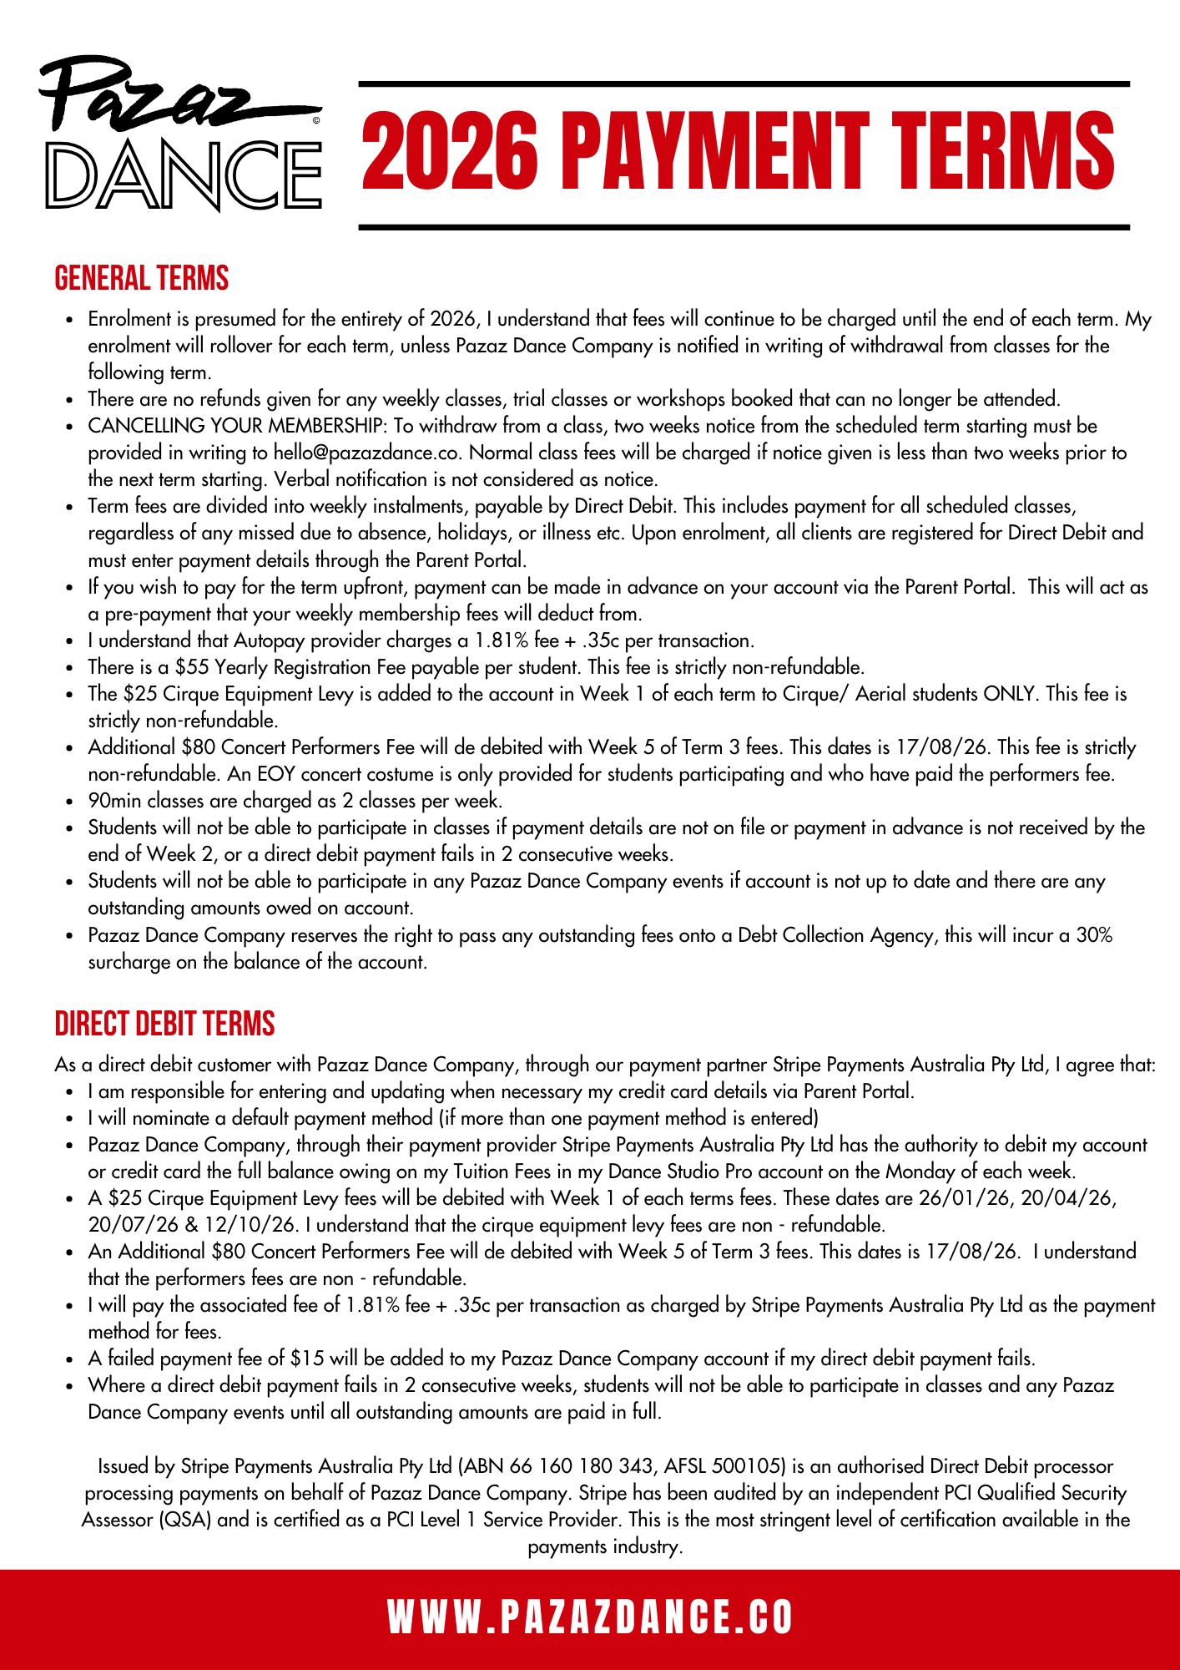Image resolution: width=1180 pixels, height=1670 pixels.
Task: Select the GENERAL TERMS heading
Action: pos(141,279)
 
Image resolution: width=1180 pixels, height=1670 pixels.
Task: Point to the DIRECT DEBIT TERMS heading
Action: pos(164,1025)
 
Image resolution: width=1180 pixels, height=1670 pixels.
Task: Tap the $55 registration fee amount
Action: pos(192,667)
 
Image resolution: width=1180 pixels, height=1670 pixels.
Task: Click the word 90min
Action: pos(116,801)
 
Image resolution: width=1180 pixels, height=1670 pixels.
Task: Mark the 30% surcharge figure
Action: pos(1094,935)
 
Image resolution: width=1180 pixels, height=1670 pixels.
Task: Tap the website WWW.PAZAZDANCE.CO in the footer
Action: pos(590,1617)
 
